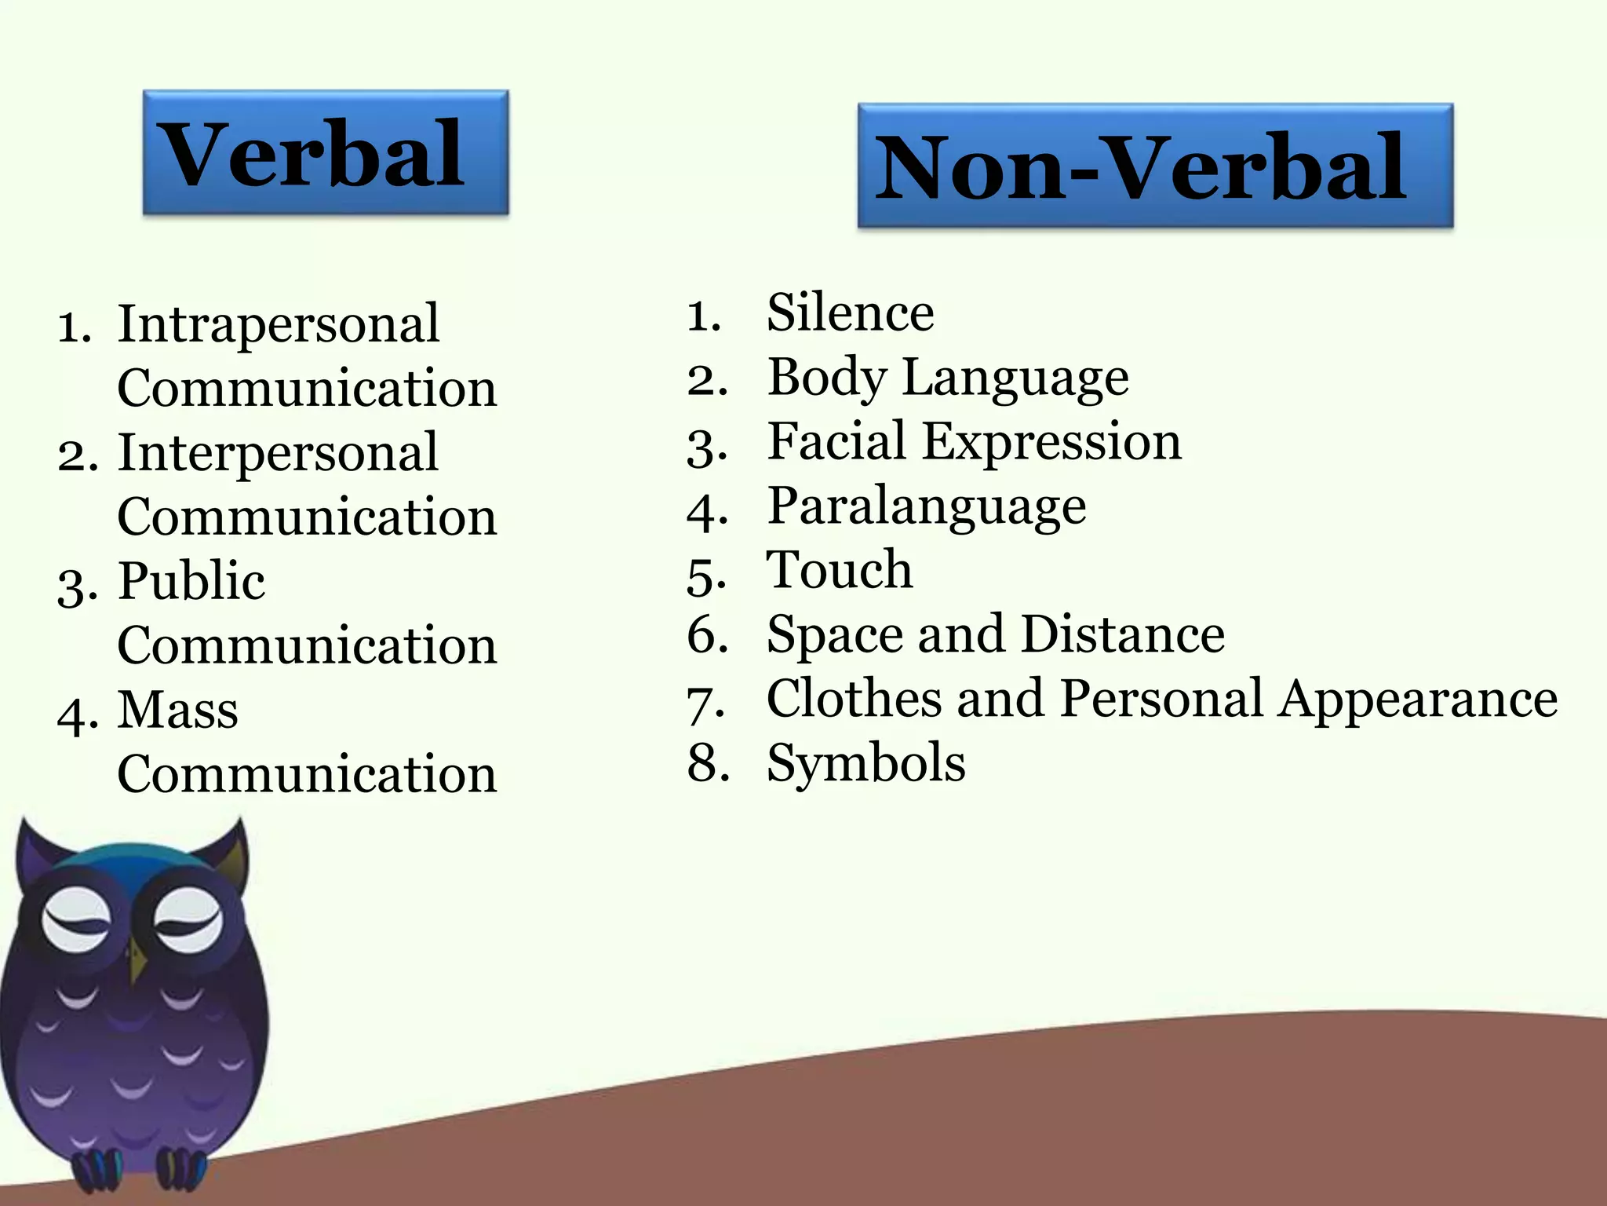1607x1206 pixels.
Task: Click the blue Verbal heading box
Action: pos(325,152)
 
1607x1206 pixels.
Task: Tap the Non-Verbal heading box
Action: pos(1155,166)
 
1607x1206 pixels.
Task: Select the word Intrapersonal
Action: pos(278,324)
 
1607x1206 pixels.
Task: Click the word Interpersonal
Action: pos(278,453)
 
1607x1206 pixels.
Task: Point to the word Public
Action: pos(191,582)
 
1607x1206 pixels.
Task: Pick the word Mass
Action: pos(178,711)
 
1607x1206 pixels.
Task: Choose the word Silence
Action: pos(851,312)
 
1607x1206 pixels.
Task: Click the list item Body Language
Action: pos(948,378)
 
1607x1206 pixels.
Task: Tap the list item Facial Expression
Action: pos(974,442)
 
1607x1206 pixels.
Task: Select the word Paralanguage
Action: pos(927,506)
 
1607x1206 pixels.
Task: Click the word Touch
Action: pos(840,570)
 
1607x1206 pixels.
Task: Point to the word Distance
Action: pos(1123,634)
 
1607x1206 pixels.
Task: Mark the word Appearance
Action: pos(1418,699)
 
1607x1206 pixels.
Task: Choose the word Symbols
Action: pos(866,763)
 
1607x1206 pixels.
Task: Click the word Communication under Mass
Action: pos(307,774)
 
